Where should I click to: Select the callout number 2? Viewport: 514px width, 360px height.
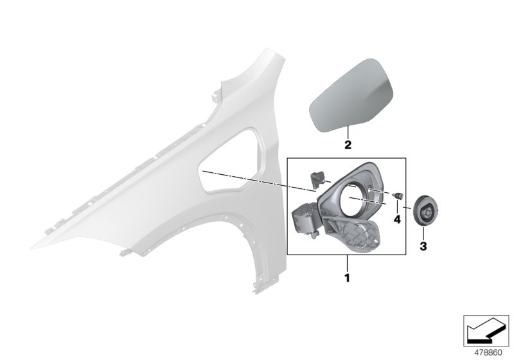(347, 145)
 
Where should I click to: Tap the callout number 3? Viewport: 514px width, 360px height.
(423, 245)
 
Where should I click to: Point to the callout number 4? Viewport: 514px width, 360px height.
(398, 219)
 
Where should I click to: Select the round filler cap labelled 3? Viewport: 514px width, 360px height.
(424, 210)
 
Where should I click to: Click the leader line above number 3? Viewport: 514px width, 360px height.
(423, 233)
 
